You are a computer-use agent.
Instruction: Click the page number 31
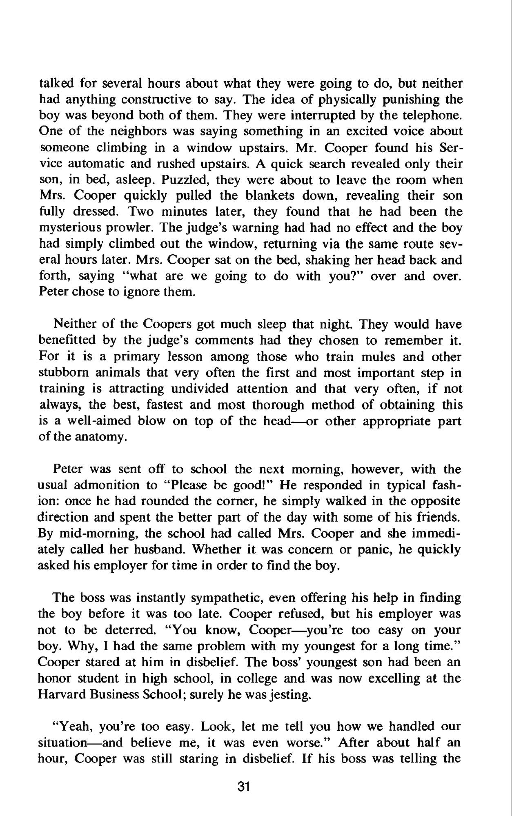coord(243,787)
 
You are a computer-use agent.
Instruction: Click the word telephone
coord(432,116)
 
